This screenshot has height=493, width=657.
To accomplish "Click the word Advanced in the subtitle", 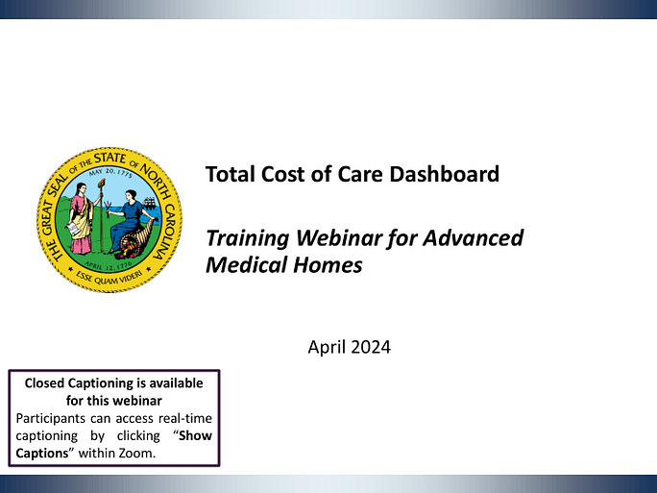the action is pos(473,237).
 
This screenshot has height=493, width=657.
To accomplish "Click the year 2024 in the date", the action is pos(371,347).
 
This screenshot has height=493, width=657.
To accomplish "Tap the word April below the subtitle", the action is pos(327,348).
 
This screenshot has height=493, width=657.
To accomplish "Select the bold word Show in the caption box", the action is pos(195,435).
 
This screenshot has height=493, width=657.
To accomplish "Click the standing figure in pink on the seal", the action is pos(81,219).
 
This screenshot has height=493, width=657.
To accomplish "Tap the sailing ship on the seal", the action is pos(149,204).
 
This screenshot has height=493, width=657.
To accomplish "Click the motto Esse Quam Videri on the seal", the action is pos(109,278).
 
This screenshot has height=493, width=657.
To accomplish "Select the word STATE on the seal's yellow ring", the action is pos(109,159).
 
